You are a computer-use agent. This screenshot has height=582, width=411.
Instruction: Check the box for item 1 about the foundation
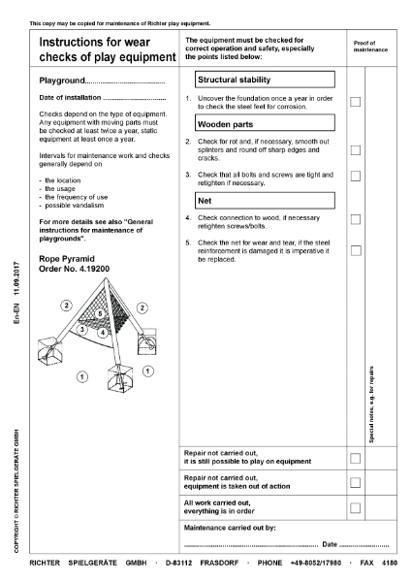point(357,102)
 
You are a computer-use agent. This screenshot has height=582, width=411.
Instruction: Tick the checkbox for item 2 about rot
point(357,150)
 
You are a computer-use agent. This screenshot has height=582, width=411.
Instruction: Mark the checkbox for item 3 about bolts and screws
point(357,176)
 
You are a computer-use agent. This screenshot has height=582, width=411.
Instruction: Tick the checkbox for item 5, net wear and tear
point(357,250)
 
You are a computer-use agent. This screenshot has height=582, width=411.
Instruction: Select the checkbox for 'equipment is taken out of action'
point(357,482)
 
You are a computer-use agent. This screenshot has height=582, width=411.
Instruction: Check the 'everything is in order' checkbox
point(357,507)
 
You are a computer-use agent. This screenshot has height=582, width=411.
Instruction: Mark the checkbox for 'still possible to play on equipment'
point(357,457)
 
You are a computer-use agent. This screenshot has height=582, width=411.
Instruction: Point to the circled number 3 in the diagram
point(83,330)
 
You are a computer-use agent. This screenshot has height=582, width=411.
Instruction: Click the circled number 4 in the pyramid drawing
point(103,333)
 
